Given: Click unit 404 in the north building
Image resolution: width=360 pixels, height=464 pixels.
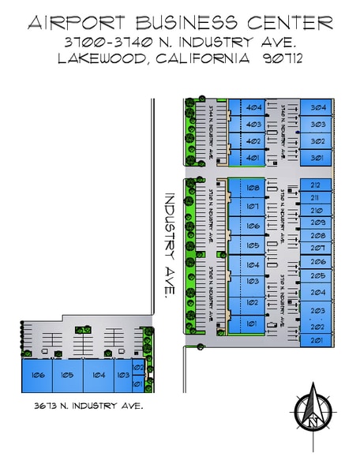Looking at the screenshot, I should pyautogui.click(x=253, y=107).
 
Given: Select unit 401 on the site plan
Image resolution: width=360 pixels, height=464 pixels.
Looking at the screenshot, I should pyautogui.click(x=253, y=158).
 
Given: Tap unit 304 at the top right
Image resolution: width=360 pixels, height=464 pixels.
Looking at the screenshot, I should pyautogui.click(x=319, y=107).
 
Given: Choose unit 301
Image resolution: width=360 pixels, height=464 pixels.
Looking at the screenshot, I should pyautogui.click(x=319, y=158).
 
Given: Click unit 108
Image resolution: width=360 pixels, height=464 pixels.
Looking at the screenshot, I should pyautogui.click(x=253, y=188).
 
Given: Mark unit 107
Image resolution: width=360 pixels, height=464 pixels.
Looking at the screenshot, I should pyautogui.click(x=253, y=207).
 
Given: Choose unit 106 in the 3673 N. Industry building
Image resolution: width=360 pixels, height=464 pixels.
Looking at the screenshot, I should pyautogui.click(x=37, y=375).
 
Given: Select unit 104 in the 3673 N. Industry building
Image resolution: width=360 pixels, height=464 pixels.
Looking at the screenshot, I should pyautogui.click(x=99, y=375).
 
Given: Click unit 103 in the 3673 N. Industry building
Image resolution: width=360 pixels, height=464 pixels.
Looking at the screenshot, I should pyautogui.click(x=122, y=375).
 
